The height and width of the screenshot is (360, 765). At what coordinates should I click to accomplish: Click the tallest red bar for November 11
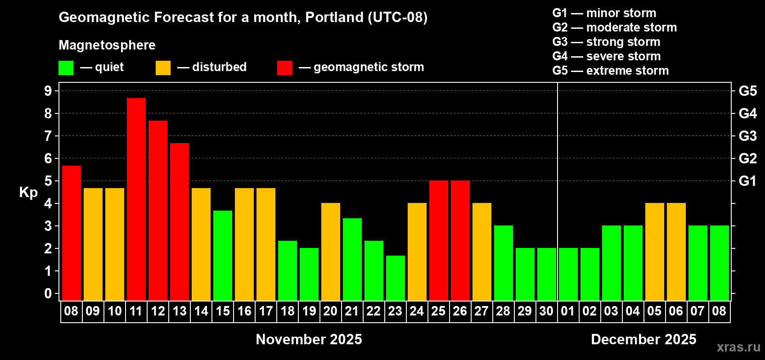tap(136, 199)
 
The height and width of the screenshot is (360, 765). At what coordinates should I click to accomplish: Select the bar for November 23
tap(396, 278)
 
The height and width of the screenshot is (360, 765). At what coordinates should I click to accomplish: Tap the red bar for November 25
tap(438, 240)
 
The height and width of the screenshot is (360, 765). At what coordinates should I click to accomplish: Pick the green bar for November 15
tap(223, 256)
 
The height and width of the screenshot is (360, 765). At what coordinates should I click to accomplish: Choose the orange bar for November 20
tap(331, 252)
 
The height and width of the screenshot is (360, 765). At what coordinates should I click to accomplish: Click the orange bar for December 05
tap(655, 252)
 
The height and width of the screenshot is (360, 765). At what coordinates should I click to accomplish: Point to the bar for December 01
tap(568, 274)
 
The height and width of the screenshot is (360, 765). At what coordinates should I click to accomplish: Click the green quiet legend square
tap(66, 67)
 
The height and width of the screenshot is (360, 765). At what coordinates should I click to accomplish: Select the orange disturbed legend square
tap(163, 67)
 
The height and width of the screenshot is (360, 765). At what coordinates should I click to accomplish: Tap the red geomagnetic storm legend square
tap(284, 67)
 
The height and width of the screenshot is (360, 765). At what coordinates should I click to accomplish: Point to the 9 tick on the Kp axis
tap(48, 91)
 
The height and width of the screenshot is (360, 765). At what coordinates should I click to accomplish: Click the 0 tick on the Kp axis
tap(48, 293)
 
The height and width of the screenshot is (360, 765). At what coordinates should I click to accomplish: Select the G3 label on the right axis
tap(748, 136)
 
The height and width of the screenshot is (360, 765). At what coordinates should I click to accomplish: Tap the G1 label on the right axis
tap(748, 181)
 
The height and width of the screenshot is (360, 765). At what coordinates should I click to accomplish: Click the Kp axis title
tap(28, 193)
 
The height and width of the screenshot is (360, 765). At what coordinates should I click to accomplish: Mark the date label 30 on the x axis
tap(546, 311)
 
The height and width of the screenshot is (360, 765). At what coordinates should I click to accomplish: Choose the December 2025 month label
tap(643, 339)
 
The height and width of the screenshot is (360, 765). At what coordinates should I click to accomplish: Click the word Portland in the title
tap(334, 17)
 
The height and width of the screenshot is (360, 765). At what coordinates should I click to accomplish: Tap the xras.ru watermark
tap(738, 347)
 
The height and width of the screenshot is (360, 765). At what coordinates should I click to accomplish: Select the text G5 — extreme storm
tap(610, 71)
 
